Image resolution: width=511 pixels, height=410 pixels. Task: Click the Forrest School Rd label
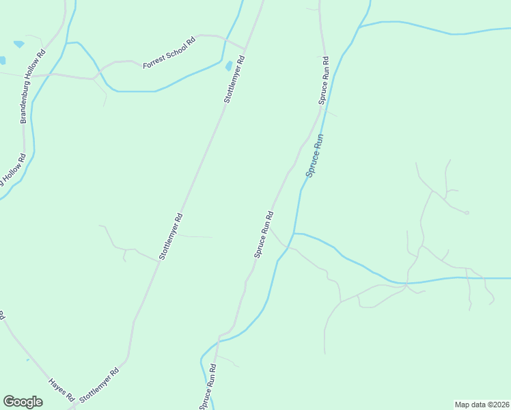click(169, 53)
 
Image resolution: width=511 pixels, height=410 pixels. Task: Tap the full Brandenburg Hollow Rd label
click(32, 85)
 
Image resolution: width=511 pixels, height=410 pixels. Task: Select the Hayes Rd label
click(61, 389)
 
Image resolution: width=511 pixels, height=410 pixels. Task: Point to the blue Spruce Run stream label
click(315, 156)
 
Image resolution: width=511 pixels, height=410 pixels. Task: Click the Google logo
click(23, 402)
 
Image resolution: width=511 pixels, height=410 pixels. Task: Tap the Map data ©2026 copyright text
click(482, 404)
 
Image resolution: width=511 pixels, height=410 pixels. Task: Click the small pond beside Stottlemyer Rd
click(228, 66)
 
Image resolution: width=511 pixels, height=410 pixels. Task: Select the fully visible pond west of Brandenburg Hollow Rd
click(18, 44)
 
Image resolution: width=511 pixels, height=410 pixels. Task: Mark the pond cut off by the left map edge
click(2, 61)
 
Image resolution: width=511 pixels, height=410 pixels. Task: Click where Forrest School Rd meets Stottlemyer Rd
click(245, 49)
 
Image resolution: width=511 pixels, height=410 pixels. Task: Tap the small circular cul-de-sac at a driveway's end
click(467, 213)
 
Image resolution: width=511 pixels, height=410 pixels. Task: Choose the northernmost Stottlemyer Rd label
click(234, 80)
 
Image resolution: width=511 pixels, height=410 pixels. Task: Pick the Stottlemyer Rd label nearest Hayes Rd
click(100, 385)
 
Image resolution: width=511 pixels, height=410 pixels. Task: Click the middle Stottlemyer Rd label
click(171, 237)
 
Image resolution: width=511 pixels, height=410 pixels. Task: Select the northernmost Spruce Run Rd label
click(323, 80)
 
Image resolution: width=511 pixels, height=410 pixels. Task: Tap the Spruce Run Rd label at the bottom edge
click(208, 387)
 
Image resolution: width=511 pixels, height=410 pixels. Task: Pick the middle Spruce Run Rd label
click(264, 234)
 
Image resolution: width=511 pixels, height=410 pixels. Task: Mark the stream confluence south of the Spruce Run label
click(293, 234)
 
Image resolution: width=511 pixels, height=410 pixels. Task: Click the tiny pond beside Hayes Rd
click(27, 359)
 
